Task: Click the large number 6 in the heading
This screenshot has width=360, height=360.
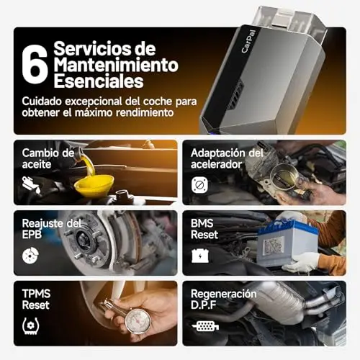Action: [35, 65]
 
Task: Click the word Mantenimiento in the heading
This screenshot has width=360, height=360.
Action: [116, 65]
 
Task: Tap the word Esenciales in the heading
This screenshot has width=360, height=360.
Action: [99, 81]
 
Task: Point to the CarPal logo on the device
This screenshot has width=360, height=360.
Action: [248, 41]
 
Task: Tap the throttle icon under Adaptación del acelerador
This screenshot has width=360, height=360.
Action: [199, 185]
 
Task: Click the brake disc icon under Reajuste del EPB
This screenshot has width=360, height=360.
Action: [30, 256]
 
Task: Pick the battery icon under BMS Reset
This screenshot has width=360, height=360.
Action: [200, 256]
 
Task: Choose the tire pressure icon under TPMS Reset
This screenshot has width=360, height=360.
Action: [30, 326]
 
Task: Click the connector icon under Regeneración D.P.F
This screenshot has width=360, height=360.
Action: [205, 326]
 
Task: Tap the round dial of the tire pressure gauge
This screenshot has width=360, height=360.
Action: [138, 321]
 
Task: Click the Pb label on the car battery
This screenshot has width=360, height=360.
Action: [274, 246]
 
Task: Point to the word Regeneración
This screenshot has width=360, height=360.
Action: [224, 294]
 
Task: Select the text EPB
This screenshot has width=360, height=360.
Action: [32, 235]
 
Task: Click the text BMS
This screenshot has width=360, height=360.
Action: [202, 223]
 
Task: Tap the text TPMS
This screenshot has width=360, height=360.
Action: [36, 294]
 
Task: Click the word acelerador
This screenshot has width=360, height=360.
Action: [216, 165]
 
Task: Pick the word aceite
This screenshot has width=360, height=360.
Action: [37, 165]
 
